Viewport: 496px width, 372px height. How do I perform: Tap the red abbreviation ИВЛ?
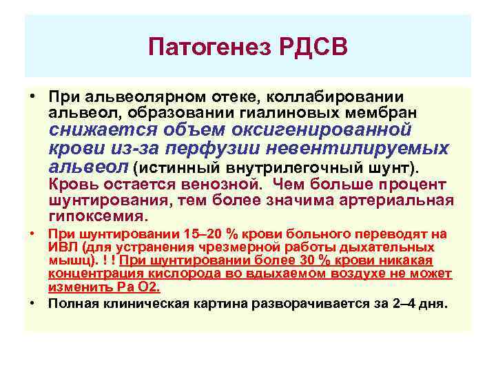click(x=61, y=247)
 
